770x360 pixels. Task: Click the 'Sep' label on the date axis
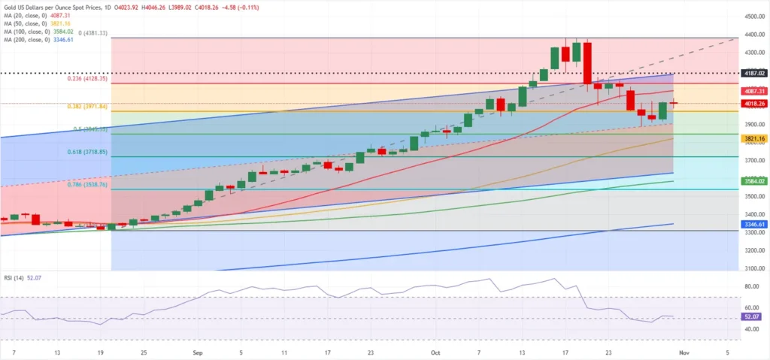[197, 351]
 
